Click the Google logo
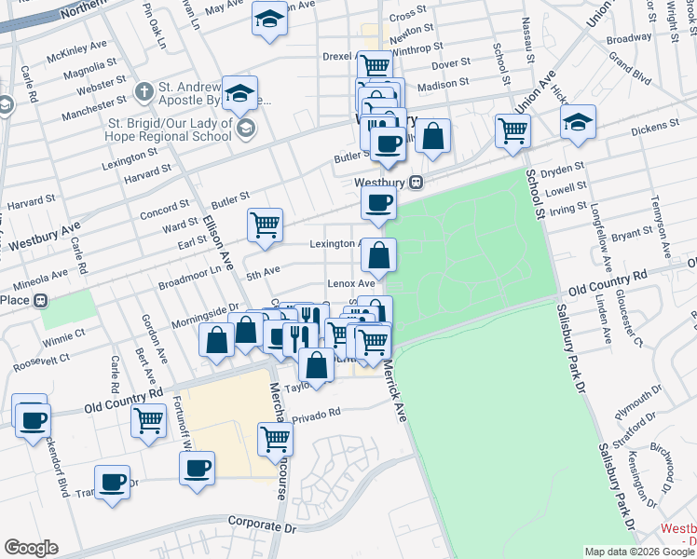coord(31,548)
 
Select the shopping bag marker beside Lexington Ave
coord(379,254)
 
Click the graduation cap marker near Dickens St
coord(578,122)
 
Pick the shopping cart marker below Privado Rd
coord(275,438)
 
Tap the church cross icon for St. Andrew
coord(143,91)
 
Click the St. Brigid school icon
coord(245,128)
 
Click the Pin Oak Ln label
coord(156,25)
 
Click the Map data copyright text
coord(639,552)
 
